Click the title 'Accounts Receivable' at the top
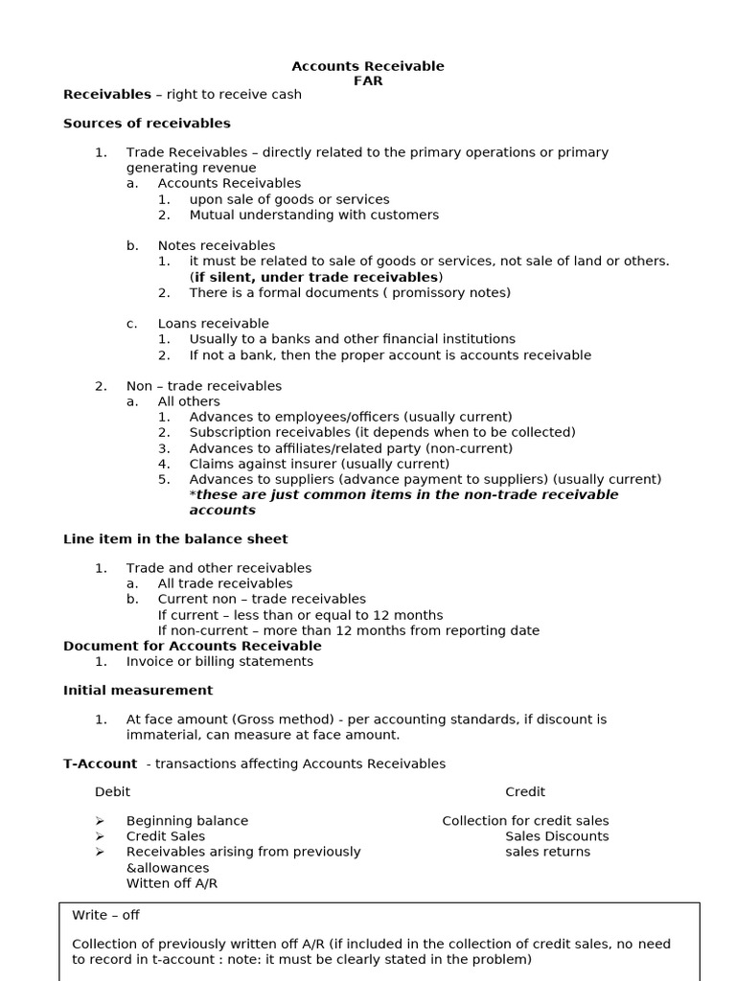[x=367, y=66]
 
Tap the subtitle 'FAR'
[x=367, y=81]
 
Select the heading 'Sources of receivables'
[x=147, y=124]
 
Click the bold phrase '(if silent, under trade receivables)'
[x=316, y=277]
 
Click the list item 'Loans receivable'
[x=213, y=324]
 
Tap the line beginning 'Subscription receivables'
[x=381, y=432]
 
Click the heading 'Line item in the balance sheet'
[x=175, y=539]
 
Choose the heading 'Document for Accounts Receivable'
[x=193, y=646]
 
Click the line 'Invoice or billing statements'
[x=219, y=661]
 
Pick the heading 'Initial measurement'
[x=138, y=690]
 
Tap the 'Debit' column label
[x=112, y=791]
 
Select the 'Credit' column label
[x=525, y=791]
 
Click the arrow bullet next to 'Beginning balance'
[x=100, y=821]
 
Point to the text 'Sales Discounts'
[x=557, y=836]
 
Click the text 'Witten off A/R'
[x=172, y=883]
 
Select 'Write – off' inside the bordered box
[x=105, y=915]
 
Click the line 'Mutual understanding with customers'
[x=313, y=215]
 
